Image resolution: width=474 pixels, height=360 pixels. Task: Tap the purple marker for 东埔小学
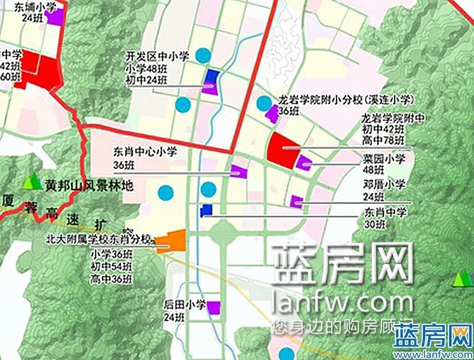pos(55,17)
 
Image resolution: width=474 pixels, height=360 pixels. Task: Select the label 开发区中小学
pos(157,56)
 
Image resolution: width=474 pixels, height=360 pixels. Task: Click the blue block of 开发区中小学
pos(212,76)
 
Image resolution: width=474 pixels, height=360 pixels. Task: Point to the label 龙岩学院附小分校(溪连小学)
pos(345,100)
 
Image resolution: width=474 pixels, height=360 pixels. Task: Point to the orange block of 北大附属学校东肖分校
pos(171,241)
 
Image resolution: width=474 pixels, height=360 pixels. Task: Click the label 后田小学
pos(184,305)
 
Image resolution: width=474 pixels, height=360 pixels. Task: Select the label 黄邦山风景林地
pos(88,186)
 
